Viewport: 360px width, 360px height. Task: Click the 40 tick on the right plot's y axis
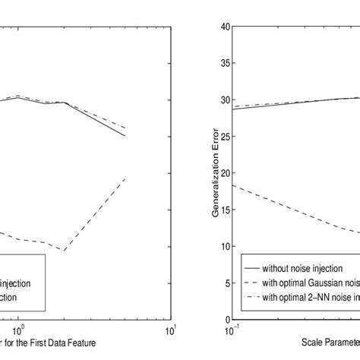tap(223, 27)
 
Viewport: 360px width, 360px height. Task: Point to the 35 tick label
tap(223, 63)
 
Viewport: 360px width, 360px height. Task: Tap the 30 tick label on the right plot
tap(223, 99)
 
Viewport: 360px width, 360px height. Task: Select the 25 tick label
tap(223, 137)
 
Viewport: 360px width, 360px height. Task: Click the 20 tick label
tap(223, 173)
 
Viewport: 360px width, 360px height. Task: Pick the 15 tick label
tap(223, 210)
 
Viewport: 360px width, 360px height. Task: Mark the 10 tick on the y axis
tap(223, 247)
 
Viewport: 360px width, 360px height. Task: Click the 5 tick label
tap(226, 283)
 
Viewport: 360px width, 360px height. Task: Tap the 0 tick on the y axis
tap(226, 320)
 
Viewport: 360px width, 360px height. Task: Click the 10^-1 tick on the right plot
tap(229, 330)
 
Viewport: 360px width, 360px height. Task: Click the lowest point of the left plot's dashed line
tap(66, 251)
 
